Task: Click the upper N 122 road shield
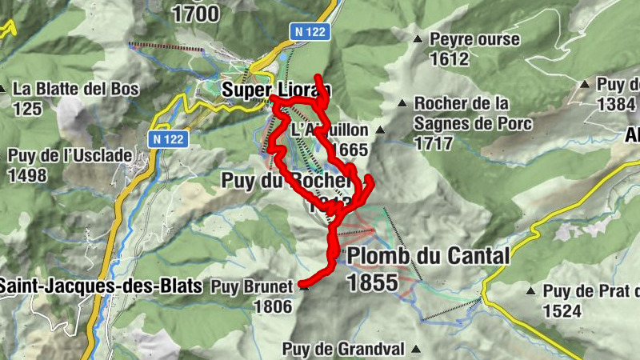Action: (x=308, y=30)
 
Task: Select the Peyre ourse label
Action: (x=474, y=39)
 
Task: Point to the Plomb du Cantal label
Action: (x=428, y=256)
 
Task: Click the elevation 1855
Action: (x=372, y=282)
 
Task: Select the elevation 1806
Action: (x=271, y=305)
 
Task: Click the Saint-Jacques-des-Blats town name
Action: (x=99, y=285)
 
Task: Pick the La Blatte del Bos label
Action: (x=77, y=89)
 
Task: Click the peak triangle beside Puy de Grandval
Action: (x=417, y=349)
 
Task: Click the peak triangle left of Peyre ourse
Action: (x=417, y=39)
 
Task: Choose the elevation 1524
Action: (x=562, y=310)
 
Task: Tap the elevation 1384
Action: (x=616, y=104)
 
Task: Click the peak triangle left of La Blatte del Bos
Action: (x=5, y=89)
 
